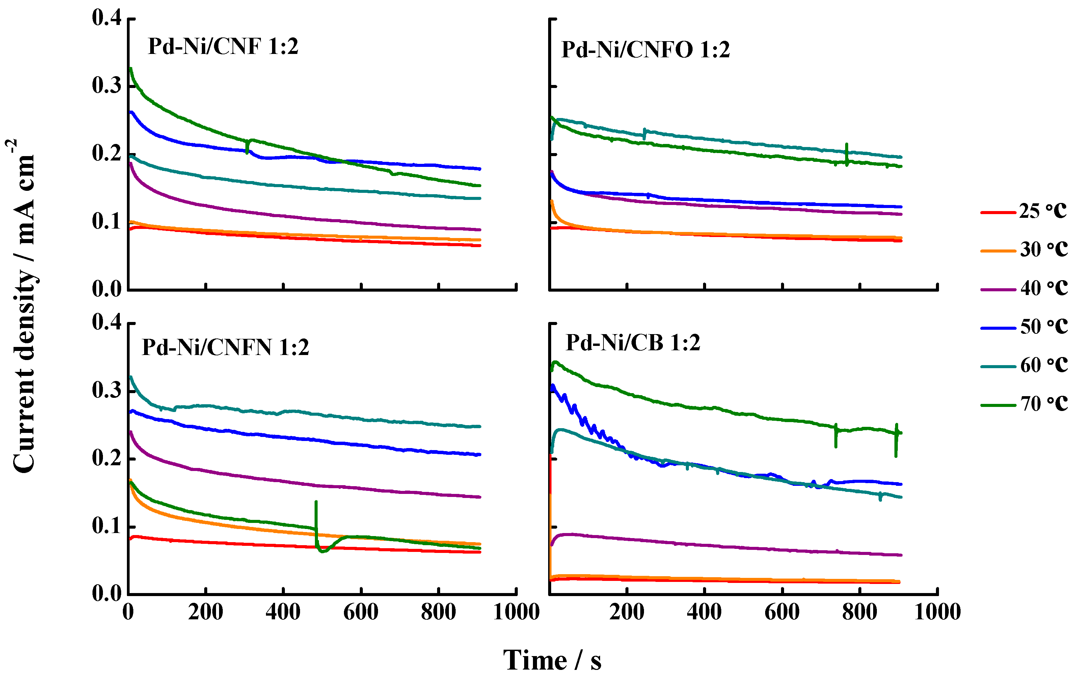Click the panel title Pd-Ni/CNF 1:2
pyautogui.click(x=223, y=47)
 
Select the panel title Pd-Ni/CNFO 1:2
pyautogui.click(x=645, y=50)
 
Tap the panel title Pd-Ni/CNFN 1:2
pyautogui.click(x=225, y=347)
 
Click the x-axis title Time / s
pyautogui.click(x=552, y=660)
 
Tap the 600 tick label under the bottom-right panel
pyautogui.click(x=782, y=612)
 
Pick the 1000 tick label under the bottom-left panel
pyautogui.click(x=516, y=612)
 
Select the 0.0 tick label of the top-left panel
pyautogui.click(x=107, y=290)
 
